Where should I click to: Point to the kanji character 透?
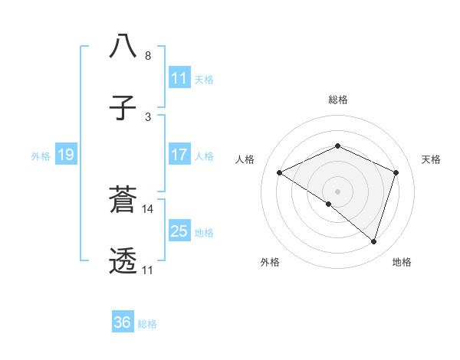pos(123,261)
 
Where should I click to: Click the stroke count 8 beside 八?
pos(148,56)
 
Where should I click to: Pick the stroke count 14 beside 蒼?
pos(149,208)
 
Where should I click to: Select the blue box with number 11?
pos(179,78)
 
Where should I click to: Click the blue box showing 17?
pos(179,155)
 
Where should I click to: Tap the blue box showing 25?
pos(179,231)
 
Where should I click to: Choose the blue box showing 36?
pos(123,322)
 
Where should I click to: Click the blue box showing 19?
pos(66,155)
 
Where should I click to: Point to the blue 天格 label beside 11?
pos(204,79)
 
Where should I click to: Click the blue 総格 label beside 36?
pos(147,324)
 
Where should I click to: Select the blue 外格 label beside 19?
pos(41,155)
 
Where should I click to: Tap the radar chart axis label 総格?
pos(337,100)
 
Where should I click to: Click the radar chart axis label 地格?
pos(402,263)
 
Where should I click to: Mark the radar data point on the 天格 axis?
pos(396,172)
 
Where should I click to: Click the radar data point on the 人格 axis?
pos(280,173)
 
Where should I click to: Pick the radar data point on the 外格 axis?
pos(328,205)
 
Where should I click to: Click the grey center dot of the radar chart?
pos(337,191)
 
